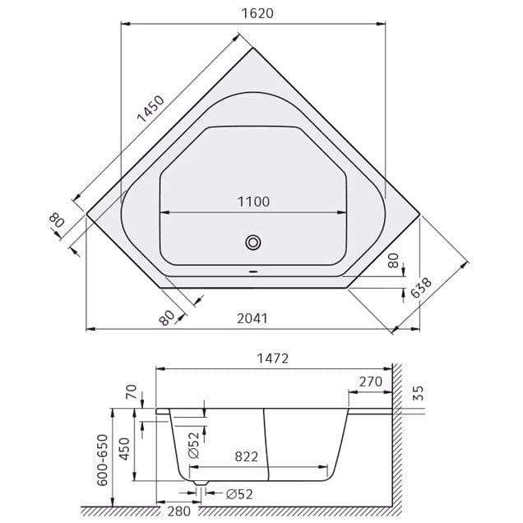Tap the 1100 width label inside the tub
(x=253, y=201)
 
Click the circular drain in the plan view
(x=253, y=242)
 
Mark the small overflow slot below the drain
(x=253, y=272)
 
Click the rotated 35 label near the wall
(x=418, y=392)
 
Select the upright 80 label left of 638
(x=393, y=262)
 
